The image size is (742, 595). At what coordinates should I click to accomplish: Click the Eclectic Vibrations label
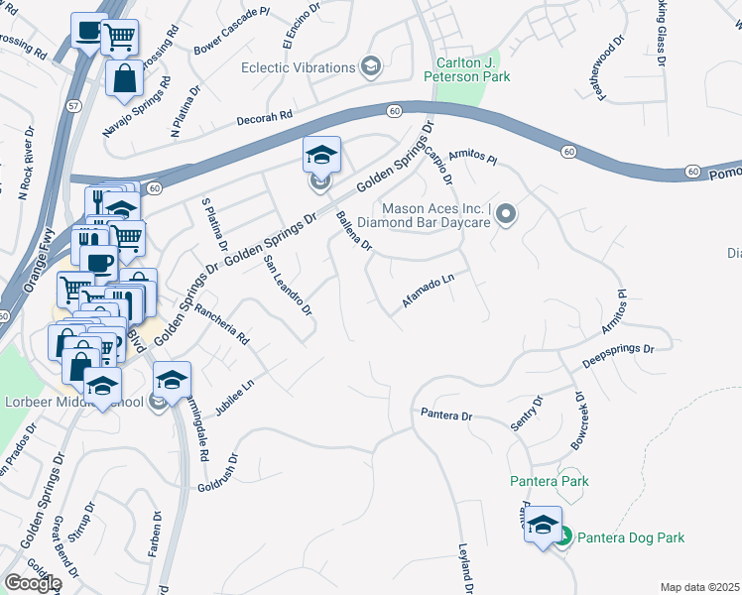point(299,67)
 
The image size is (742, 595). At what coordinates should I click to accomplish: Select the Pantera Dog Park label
point(631,537)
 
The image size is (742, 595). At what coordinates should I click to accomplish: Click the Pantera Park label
point(550,481)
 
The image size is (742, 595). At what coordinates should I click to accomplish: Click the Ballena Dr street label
point(353,231)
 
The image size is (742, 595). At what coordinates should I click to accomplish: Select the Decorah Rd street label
point(265,117)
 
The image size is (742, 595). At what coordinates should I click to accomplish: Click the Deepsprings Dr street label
point(619,356)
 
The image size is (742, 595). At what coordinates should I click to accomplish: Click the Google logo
point(33,582)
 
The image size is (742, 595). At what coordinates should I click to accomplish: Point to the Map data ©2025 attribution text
point(699,587)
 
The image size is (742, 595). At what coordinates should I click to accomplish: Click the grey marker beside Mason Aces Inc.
point(506,213)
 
